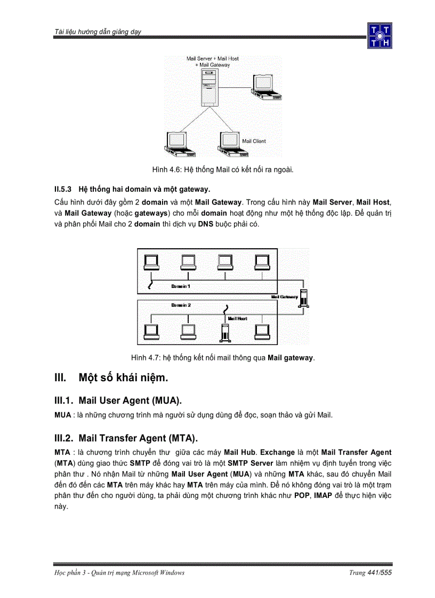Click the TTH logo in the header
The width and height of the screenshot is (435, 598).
point(380,36)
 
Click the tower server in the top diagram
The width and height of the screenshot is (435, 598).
point(208,89)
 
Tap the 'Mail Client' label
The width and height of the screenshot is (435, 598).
point(254,141)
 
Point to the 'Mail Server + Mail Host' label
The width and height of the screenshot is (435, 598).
point(212,59)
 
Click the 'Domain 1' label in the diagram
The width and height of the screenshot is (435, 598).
point(181,286)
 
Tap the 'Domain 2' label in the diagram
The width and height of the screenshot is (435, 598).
point(181,305)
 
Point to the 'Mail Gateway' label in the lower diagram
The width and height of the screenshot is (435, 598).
point(284,297)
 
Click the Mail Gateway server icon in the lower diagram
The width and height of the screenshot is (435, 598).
point(304,298)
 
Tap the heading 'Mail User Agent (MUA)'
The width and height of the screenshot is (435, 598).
point(133,400)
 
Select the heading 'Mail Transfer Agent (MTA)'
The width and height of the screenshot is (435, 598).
point(138,438)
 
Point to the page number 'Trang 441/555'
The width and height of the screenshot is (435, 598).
point(370,572)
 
